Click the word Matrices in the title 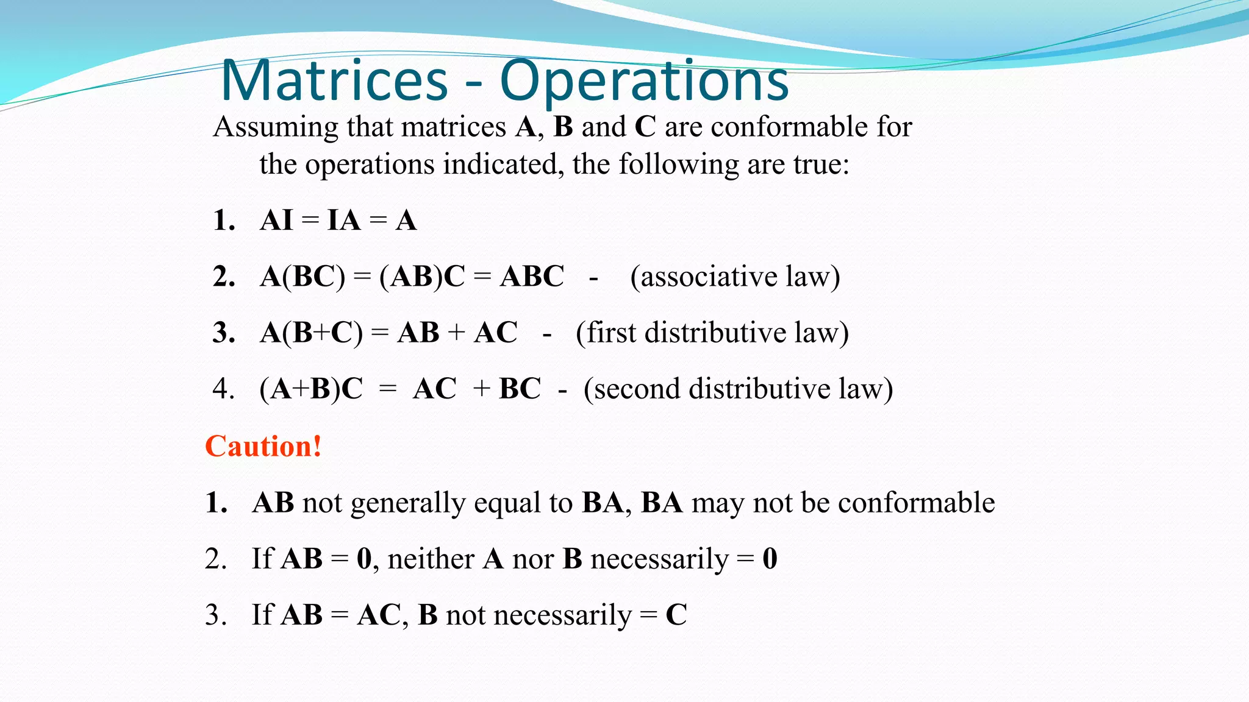coord(334,80)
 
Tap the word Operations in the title coord(644,80)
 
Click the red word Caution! coord(263,446)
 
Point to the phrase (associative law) coord(735,277)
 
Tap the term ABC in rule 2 coord(532,277)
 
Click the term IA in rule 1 coord(344,221)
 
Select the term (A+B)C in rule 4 coord(311,389)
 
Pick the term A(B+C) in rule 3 coord(311,333)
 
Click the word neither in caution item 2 coord(431,559)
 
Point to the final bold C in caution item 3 coord(676,615)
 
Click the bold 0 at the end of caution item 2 coord(770,559)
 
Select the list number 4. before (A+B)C coord(223,389)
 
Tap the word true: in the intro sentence coord(821,165)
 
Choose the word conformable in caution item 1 coord(916,503)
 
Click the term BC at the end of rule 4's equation coord(520,389)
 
